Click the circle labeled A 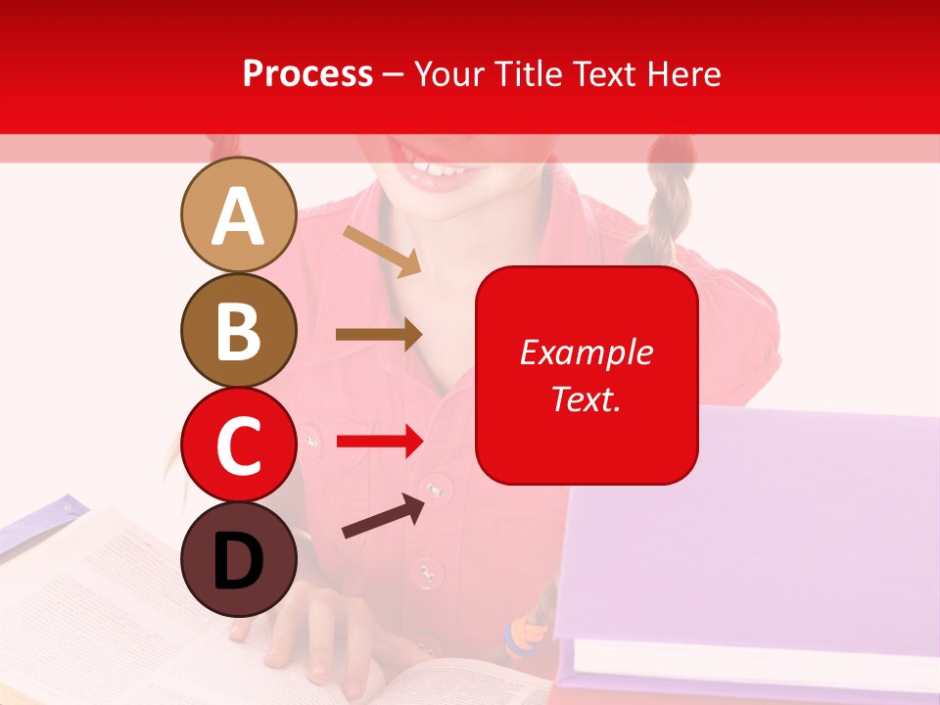pyautogui.click(x=238, y=214)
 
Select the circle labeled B pyautogui.click(x=238, y=330)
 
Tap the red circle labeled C pyautogui.click(x=238, y=445)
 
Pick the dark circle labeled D pyautogui.click(x=238, y=559)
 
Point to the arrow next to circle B pyautogui.click(x=378, y=334)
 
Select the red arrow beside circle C pyautogui.click(x=379, y=442)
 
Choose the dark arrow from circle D pyautogui.click(x=383, y=516)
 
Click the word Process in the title pyautogui.click(x=307, y=73)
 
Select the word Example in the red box pyautogui.click(x=586, y=352)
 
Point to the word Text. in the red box pyautogui.click(x=586, y=399)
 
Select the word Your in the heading pyautogui.click(x=448, y=73)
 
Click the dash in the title pyautogui.click(x=393, y=74)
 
